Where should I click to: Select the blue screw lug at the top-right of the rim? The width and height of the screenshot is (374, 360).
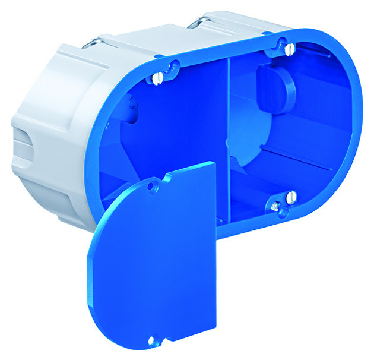279,43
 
